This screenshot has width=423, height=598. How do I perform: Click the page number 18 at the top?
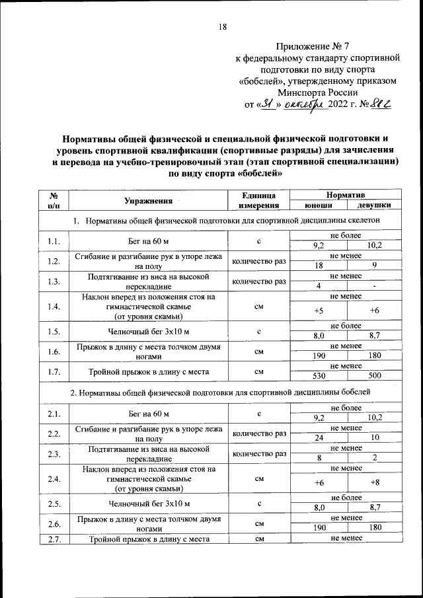coord(222,27)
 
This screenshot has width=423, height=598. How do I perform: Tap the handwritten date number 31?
coord(266,104)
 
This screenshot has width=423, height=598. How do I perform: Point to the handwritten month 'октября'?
coord(305,104)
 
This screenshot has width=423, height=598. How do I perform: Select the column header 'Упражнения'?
coord(148,200)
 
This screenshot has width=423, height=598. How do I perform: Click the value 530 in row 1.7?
coord(321,376)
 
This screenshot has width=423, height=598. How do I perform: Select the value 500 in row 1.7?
coord(374,376)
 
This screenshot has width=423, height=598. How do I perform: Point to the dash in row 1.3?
coord(374,285)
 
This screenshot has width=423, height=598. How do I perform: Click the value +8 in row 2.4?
coord(375,483)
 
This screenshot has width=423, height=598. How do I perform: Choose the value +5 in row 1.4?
coord(320,311)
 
